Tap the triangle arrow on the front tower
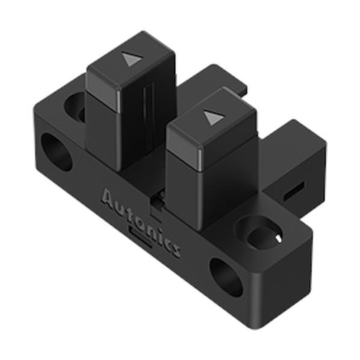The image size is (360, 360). click(x=213, y=117)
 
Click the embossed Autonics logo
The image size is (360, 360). click(x=140, y=223)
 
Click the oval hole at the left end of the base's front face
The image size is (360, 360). click(x=56, y=152)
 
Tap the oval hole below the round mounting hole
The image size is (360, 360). click(x=226, y=278)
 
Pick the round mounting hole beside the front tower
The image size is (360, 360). click(x=258, y=233)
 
